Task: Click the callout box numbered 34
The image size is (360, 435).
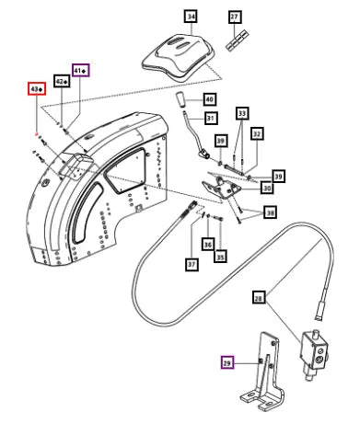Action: [192, 17]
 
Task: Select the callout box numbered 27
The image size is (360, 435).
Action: [235, 17]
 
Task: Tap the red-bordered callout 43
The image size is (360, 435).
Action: [37, 89]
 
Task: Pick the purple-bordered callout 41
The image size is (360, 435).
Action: [81, 70]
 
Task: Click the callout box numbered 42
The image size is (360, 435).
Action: [62, 81]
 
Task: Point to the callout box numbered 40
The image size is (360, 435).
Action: [209, 99]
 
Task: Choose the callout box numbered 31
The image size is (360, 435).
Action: [211, 118]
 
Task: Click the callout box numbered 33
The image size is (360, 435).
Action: [242, 113]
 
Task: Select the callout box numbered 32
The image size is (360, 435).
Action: [257, 133]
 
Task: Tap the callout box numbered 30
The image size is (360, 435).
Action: [267, 188]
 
